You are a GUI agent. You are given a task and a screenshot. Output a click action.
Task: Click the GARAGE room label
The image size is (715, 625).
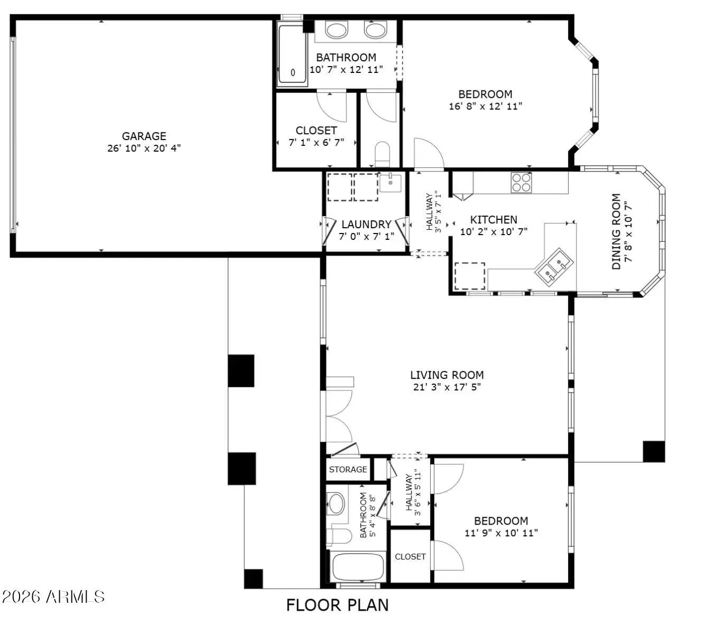[144, 136]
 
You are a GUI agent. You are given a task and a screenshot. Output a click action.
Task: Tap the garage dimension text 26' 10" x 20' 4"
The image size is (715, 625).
[144, 148]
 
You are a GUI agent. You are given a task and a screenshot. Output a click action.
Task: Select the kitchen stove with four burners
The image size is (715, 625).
[521, 182]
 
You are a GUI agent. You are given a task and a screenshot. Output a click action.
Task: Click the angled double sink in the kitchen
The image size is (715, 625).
[553, 264]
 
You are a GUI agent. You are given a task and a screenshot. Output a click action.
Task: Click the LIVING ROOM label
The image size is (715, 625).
[447, 375]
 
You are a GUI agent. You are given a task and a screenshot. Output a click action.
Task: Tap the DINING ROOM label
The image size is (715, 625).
[616, 231]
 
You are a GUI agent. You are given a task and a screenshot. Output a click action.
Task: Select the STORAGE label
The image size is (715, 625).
[348, 469]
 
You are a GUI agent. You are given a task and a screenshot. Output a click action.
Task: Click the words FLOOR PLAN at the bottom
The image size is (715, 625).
[337, 605]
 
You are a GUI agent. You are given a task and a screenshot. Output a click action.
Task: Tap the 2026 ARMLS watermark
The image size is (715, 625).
[53, 596]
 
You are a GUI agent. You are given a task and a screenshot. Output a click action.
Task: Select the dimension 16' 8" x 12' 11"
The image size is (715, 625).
[486, 106]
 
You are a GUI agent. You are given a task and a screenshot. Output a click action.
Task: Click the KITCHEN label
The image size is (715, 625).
[493, 220]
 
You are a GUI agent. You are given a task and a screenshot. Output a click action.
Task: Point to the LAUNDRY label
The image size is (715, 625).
[366, 225]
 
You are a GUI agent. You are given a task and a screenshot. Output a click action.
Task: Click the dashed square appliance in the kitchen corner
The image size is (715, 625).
[469, 276]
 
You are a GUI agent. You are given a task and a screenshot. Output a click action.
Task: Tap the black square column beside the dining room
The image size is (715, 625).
[654, 451]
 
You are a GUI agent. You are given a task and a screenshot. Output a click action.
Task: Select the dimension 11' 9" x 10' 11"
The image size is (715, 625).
[501, 533]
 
